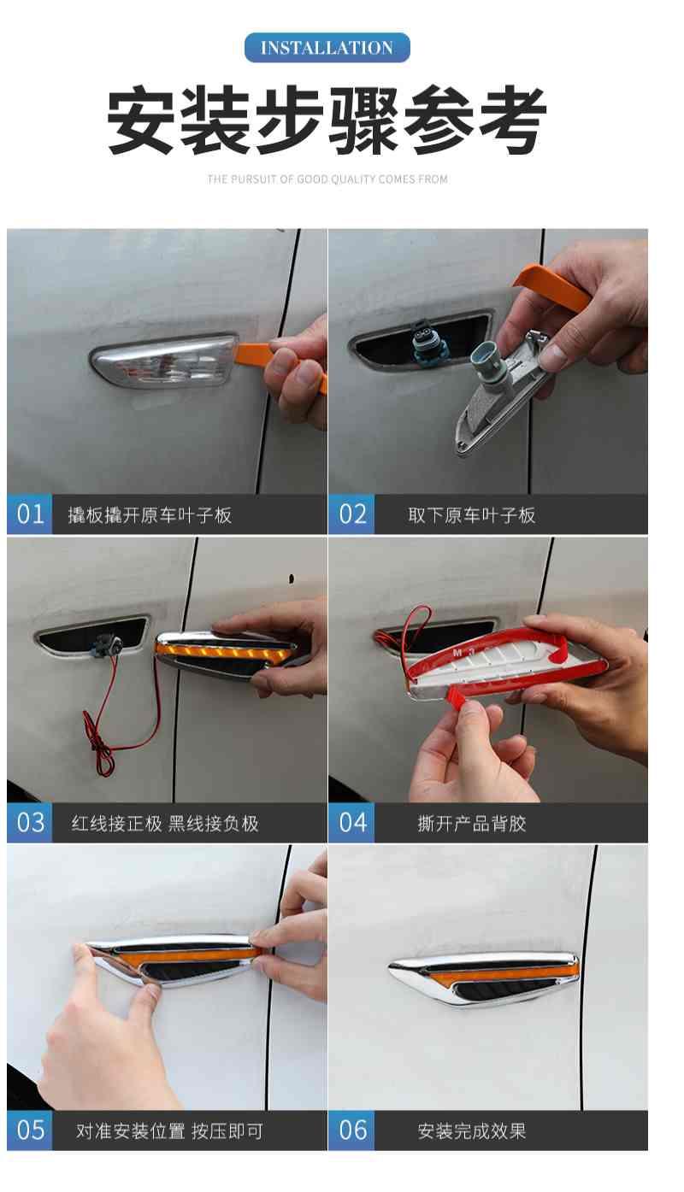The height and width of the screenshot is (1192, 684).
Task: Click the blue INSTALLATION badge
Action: [327, 47]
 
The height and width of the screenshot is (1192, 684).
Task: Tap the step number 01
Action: [30, 514]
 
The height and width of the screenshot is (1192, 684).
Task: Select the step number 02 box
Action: [351, 514]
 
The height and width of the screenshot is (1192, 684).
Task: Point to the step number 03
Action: [30, 822]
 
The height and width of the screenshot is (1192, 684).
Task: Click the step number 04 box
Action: [351, 822]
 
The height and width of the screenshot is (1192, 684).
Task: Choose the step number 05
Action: [30, 1130]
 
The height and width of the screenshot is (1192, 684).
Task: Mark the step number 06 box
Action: [351, 1130]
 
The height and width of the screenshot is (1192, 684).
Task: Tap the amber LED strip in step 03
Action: [223, 652]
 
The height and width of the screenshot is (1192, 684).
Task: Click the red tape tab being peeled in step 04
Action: [457, 695]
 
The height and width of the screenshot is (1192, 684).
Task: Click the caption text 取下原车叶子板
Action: [472, 515]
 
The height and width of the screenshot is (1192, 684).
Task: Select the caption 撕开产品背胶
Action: [472, 823]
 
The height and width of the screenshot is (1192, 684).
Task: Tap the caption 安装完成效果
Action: [472, 1130]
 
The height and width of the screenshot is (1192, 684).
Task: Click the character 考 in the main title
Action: [512, 120]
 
